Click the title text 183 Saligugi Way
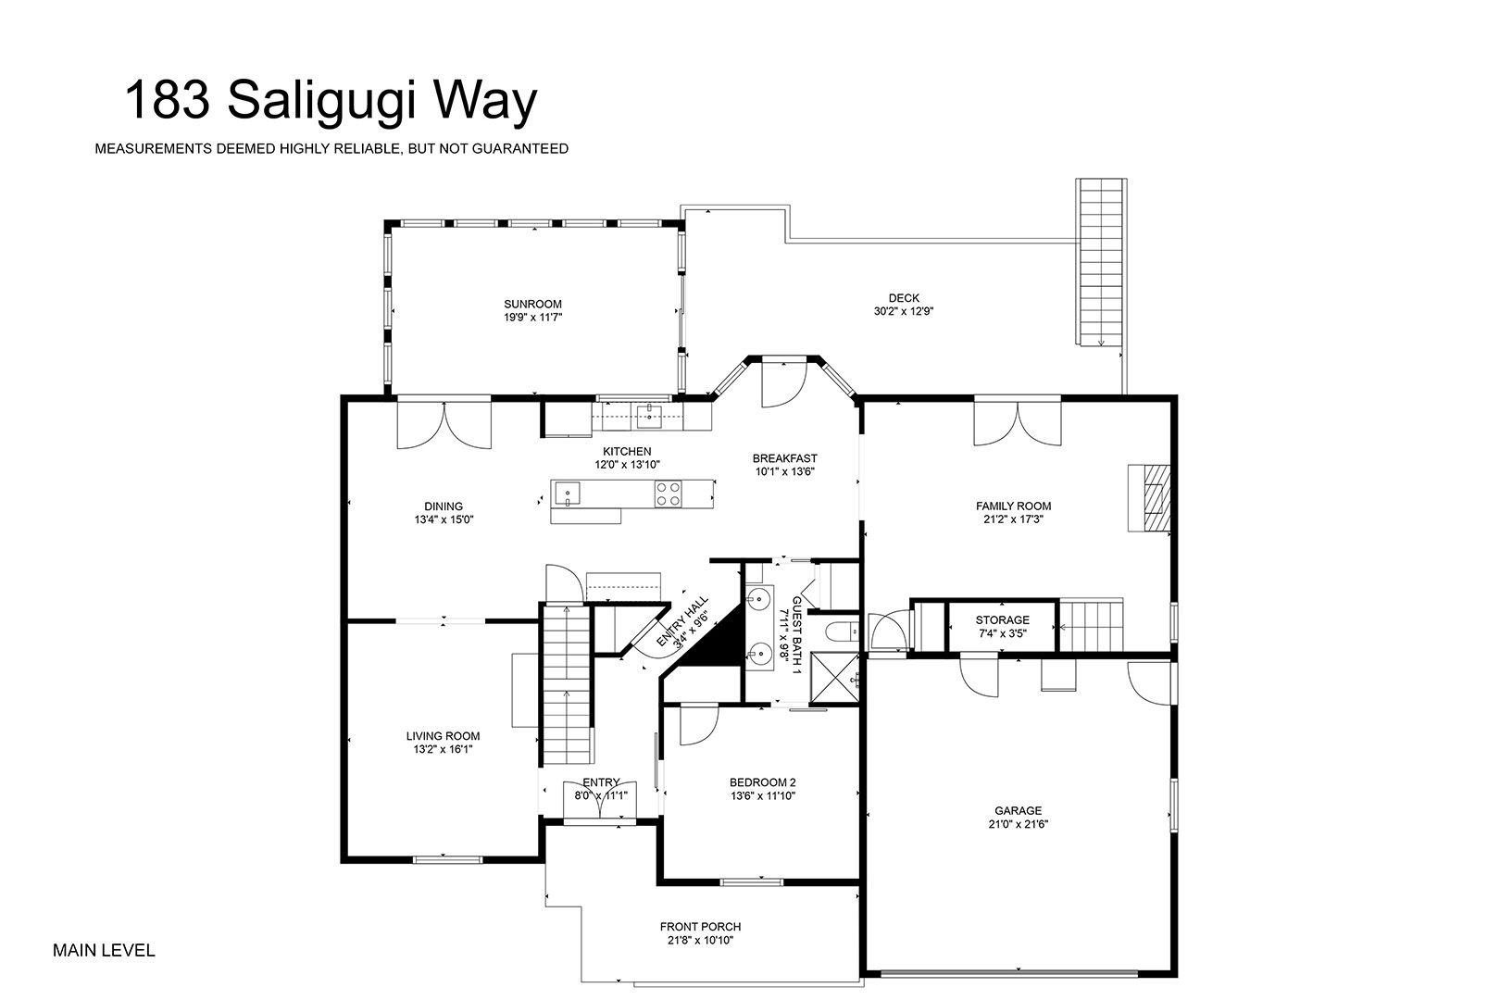tap(331, 102)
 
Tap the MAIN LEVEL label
tap(104, 950)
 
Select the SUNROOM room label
tap(533, 304)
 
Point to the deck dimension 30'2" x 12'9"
tap(904, 311)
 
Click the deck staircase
tap(1102, 262)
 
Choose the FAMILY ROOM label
tap(1013, 506)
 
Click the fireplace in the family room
tap(1150, 498)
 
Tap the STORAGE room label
tap(1003, 620)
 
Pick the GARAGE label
tap(1018, 811)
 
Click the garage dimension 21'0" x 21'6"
tap(1018, 824)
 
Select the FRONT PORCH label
tap(700, 927)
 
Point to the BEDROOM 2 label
tap(763, 782)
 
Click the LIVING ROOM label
tap(444, 736)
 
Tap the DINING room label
tap(444, 506)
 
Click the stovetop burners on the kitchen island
tap(669, 494)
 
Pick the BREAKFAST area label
tap(785, 459)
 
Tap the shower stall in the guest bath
tap(834, 680)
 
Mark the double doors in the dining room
tap(444, 423)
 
